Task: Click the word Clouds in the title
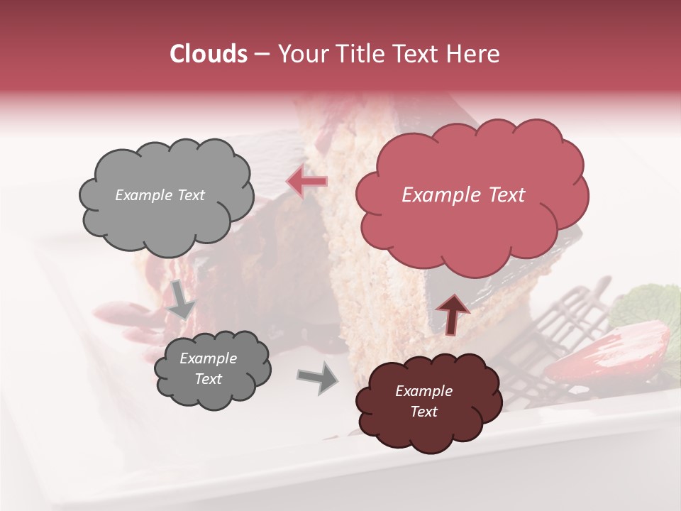pyautogui.click(x=209, y=54)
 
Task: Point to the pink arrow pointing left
pyautogui.click(x=308, y=182)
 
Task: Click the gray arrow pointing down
pyautogui.click(x=182, y=300)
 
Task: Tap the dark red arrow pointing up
pyautogui.click(x=452, y=313)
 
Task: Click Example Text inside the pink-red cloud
pyautogui.click(x=463, y=195)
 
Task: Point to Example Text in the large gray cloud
pyautogui.click(x=160, y=195)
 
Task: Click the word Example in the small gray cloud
pyautogui.click(x=208, y=358)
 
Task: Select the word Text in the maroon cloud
pyautogui.click(x=423, y=412)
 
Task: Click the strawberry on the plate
pyautogui.click(x=610, y=354)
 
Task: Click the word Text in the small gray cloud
pyautogui.click(x=208, y=379)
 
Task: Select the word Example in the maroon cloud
pyautogui.click(x=423, y=391)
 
